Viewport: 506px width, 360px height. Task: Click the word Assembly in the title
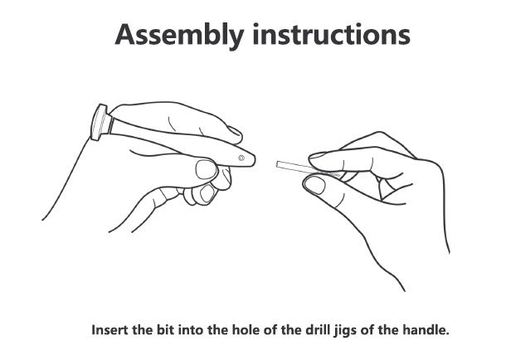click(x=179, y=35)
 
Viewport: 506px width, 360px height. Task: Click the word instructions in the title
click(x=332, y=34)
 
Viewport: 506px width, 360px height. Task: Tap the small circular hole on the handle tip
click(x=241, y=158)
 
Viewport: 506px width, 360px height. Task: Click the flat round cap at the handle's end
click(x=99, y=122)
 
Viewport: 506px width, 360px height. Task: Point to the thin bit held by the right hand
click(x=309, y=168)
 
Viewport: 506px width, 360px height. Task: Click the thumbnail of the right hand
click(x=315, y=186)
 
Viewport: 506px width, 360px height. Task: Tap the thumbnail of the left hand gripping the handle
click(x=206, y=169)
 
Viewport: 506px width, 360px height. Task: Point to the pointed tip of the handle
click(x=255, y=159)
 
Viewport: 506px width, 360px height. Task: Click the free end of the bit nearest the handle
click(x=277, y=164)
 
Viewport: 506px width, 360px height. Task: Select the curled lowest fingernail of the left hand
click(x=207, y=194)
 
